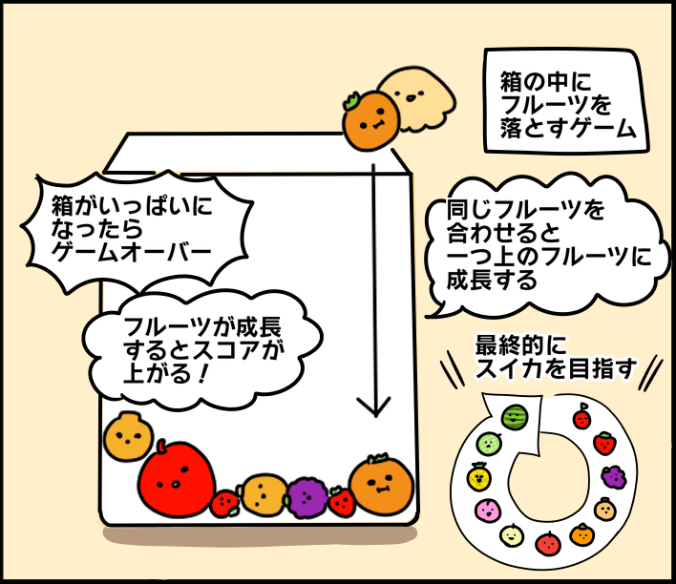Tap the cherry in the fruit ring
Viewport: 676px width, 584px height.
(581, 418)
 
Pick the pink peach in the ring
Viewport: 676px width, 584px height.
(487, 510)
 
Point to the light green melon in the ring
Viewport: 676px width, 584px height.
(488, 443)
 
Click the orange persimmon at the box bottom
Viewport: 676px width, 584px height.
(382, 484)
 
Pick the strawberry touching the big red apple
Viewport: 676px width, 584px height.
(225, 502)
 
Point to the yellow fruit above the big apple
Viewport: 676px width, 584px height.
(128, 437)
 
